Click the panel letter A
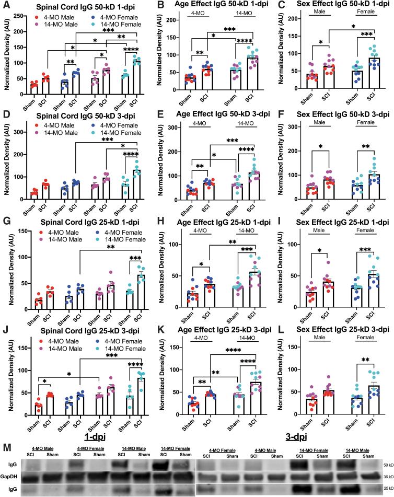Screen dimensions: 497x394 pos(5,5)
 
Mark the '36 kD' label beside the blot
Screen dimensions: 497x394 pos(385,463)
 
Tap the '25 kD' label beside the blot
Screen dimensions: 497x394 pos(385,477)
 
